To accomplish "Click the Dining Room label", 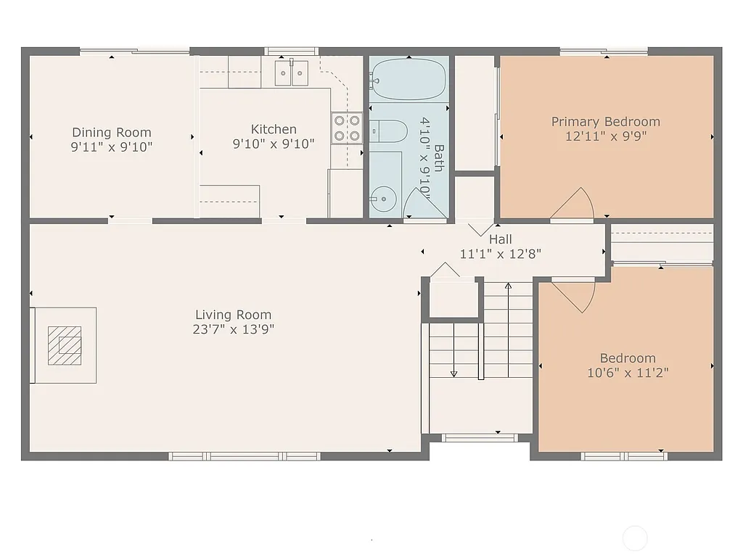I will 112,132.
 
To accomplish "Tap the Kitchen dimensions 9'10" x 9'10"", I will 274,144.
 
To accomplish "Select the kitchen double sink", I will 292,73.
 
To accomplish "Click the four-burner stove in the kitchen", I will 348,128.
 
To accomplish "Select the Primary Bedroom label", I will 606,121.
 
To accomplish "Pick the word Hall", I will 500,239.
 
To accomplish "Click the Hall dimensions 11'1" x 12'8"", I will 501,254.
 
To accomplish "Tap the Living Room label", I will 233,315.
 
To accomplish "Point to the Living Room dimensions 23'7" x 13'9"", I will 233,329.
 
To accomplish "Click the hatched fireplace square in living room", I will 65,344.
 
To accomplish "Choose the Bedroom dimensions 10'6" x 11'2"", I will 628,373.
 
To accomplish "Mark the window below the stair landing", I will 480,437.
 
